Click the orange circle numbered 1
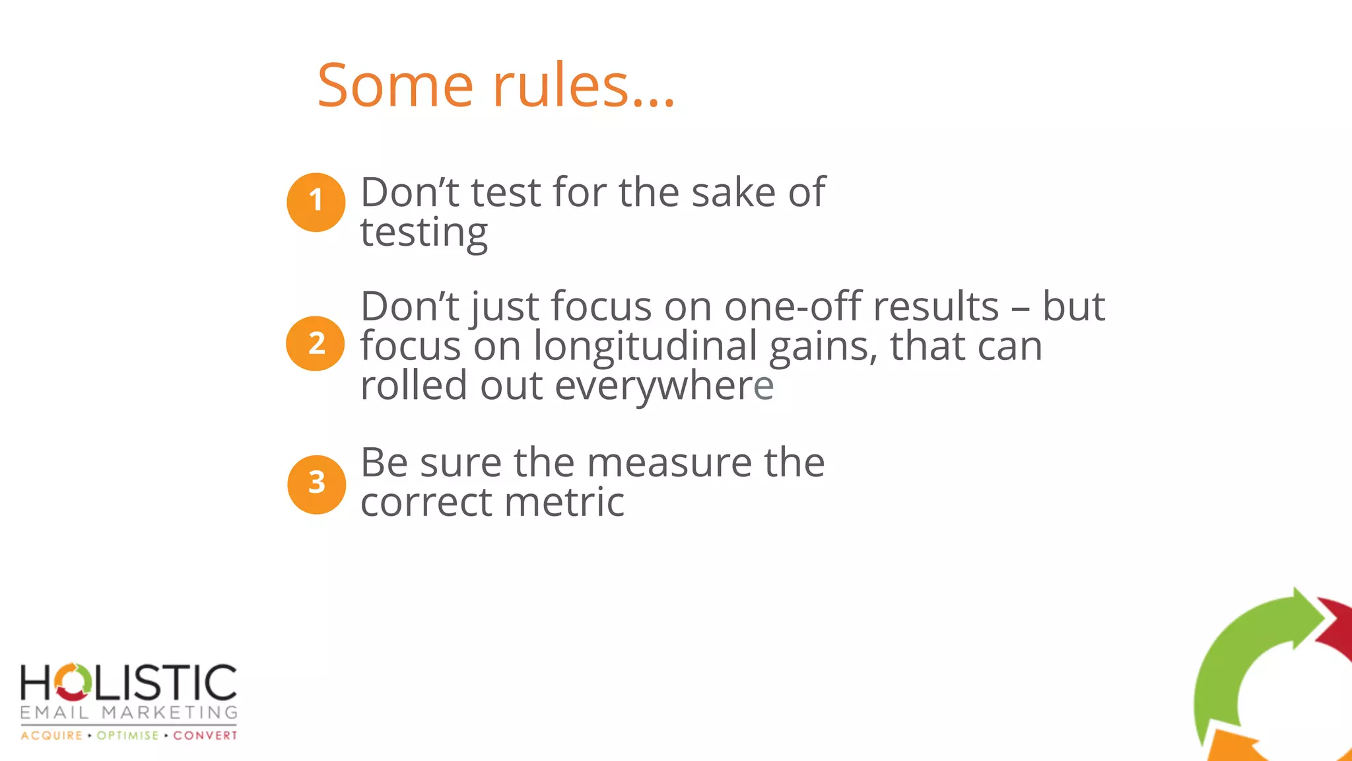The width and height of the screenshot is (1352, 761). click(316, 202)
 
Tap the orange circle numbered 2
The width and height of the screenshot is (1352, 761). click(316, 344)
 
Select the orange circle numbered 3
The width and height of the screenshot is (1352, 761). click(316, 484)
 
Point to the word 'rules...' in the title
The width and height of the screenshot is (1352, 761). click(584, 85)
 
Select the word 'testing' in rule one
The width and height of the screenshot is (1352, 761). click(424, 233)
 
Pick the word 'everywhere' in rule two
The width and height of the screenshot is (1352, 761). click(664, 386)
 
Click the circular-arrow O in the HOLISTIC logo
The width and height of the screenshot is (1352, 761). click(72, 682)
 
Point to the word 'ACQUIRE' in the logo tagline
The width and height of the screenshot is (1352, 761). click(51, 735)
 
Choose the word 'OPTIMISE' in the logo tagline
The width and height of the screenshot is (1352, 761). click(128, 735)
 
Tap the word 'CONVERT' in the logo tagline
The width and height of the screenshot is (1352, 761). click(205, 735)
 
